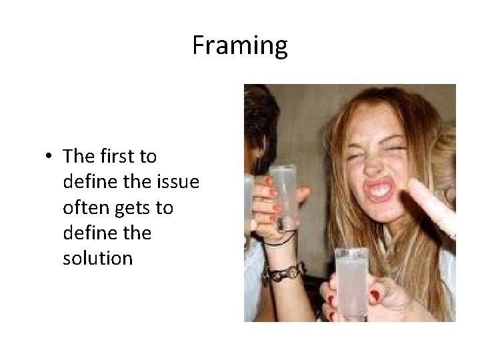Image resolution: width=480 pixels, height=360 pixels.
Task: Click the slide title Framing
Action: click(x=240, y=46)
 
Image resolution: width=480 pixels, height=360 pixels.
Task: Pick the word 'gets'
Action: click(x=133, y=209)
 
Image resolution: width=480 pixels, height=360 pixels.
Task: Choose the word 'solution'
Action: click(x=97, y=258)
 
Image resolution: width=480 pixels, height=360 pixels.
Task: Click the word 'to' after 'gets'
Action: click(x=165, y=208)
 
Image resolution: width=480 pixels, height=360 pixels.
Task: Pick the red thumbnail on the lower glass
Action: click(x=375, y=294)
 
